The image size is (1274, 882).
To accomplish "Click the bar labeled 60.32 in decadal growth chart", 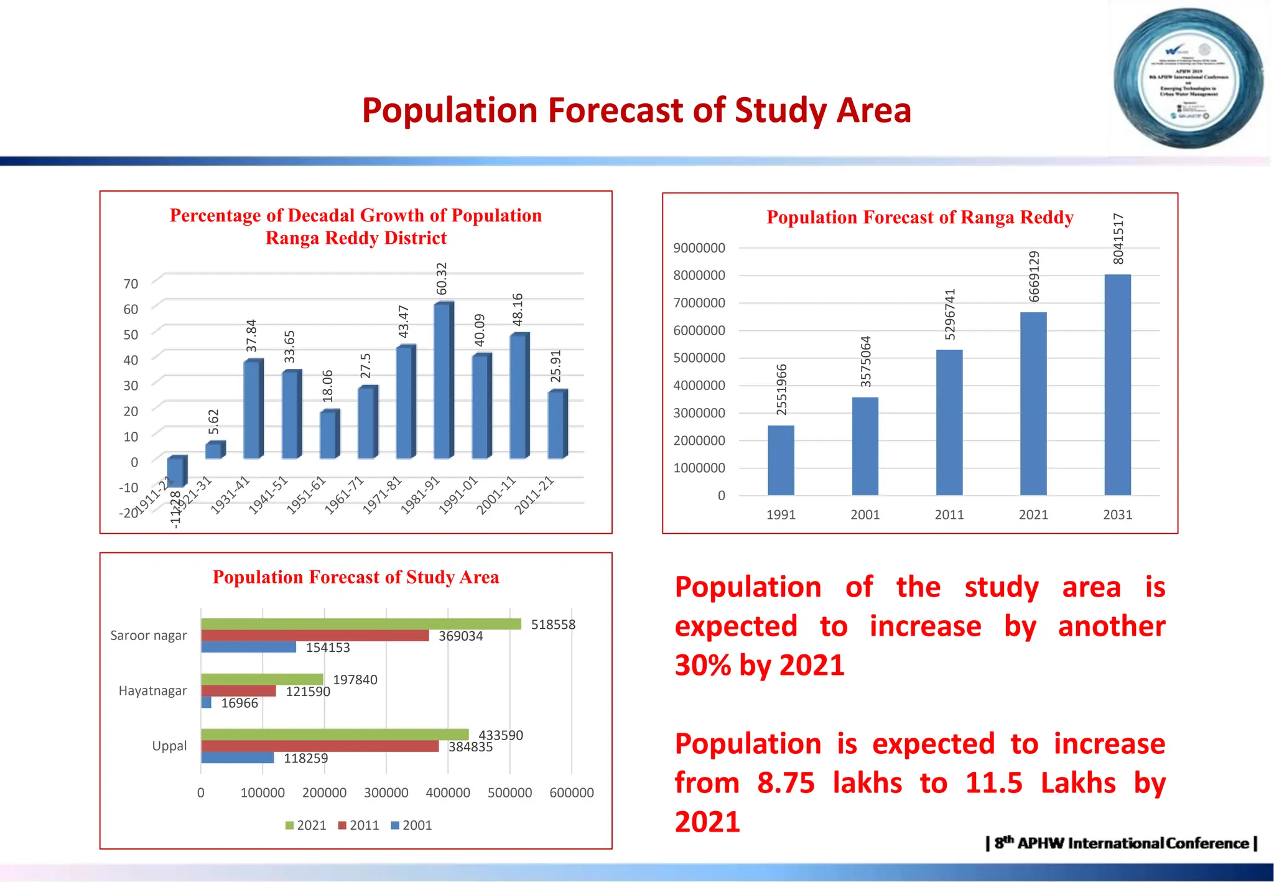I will point(443,381).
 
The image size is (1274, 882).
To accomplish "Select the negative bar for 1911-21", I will point(176,472).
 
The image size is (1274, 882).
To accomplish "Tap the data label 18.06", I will point(328,386).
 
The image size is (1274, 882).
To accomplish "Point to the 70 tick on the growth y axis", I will point(131,284).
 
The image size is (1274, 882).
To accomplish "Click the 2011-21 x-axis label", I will point(534,495).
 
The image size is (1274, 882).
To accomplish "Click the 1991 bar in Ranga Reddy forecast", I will point(781,460).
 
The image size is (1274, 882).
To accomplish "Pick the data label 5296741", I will point(950,314).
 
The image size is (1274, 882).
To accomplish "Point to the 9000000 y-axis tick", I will point(699,248).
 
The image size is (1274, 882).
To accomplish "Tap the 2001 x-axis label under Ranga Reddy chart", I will point(865,514).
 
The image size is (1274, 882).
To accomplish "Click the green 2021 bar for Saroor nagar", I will point(361,624).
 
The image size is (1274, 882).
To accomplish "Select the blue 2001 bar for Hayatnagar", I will point(207,703).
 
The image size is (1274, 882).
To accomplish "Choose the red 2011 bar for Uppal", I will point(320,746).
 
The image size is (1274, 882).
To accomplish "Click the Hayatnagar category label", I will point(152,690).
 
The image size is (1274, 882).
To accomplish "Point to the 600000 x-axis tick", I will point(571,792).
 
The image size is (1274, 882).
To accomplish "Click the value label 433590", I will point(501,735).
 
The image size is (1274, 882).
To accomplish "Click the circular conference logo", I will point(1188,78).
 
